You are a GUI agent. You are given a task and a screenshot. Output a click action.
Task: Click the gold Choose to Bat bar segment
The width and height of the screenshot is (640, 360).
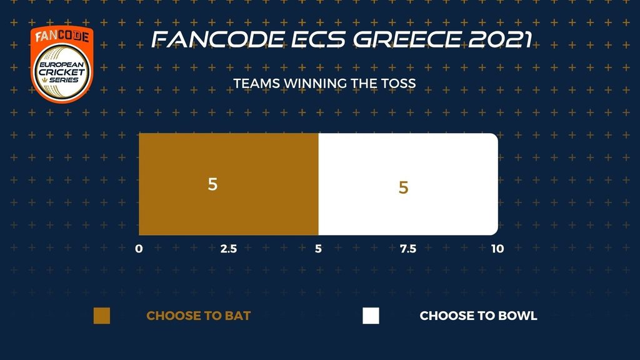tap(229, 184)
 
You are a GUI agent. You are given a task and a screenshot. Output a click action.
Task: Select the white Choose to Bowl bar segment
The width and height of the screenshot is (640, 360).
tap(408, 184)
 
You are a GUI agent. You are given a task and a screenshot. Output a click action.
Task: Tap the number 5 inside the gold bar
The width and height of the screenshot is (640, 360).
tap(212, 184)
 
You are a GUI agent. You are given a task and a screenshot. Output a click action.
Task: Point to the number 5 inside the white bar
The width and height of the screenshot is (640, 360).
tap(403, 187)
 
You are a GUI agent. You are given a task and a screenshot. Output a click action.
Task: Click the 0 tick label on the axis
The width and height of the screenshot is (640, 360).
tap(139, 249)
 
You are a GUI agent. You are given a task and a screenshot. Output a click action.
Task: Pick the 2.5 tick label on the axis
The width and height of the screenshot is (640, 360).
tap(229, 249)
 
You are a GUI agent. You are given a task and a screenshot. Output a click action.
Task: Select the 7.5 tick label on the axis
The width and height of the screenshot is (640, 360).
tap(408, 249)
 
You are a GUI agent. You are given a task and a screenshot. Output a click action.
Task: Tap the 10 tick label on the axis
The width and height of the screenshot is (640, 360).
tap(497, 249)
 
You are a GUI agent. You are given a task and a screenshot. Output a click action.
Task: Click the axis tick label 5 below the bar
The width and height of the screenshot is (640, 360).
tap(318, 249)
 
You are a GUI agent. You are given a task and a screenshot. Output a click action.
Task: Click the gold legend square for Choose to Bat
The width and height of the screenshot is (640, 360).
tap(102, 316)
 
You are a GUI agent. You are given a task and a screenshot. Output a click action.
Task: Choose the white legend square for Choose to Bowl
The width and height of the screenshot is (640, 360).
tap(371, 316)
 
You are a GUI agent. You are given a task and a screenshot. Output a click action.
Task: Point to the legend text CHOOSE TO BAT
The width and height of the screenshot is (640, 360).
tap(198, 316)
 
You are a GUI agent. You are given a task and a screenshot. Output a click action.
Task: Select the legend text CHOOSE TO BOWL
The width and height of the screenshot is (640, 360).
tap(478, 316)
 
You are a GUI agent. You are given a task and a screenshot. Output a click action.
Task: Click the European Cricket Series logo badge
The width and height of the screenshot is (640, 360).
tap(62, 64)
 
